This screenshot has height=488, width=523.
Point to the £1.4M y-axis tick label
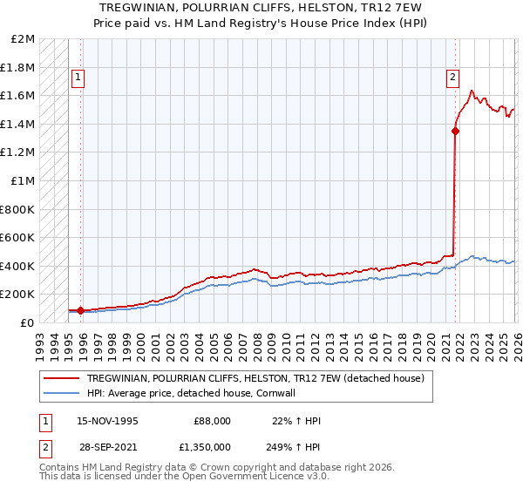(x=17, y=124)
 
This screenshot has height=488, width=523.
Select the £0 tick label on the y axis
(x=28, y=322)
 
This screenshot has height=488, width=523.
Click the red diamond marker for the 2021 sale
(x=455, y=132)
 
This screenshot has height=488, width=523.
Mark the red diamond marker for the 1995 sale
(x=80, y=310)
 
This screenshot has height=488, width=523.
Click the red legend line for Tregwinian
(x=62, y=378)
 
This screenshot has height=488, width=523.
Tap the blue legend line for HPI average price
(x=62, y=393)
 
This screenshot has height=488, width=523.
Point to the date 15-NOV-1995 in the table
(x=107, y=420)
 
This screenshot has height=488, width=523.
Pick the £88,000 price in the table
(x=211, y=420)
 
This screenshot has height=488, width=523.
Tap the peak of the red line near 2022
(x=472, y=90)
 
